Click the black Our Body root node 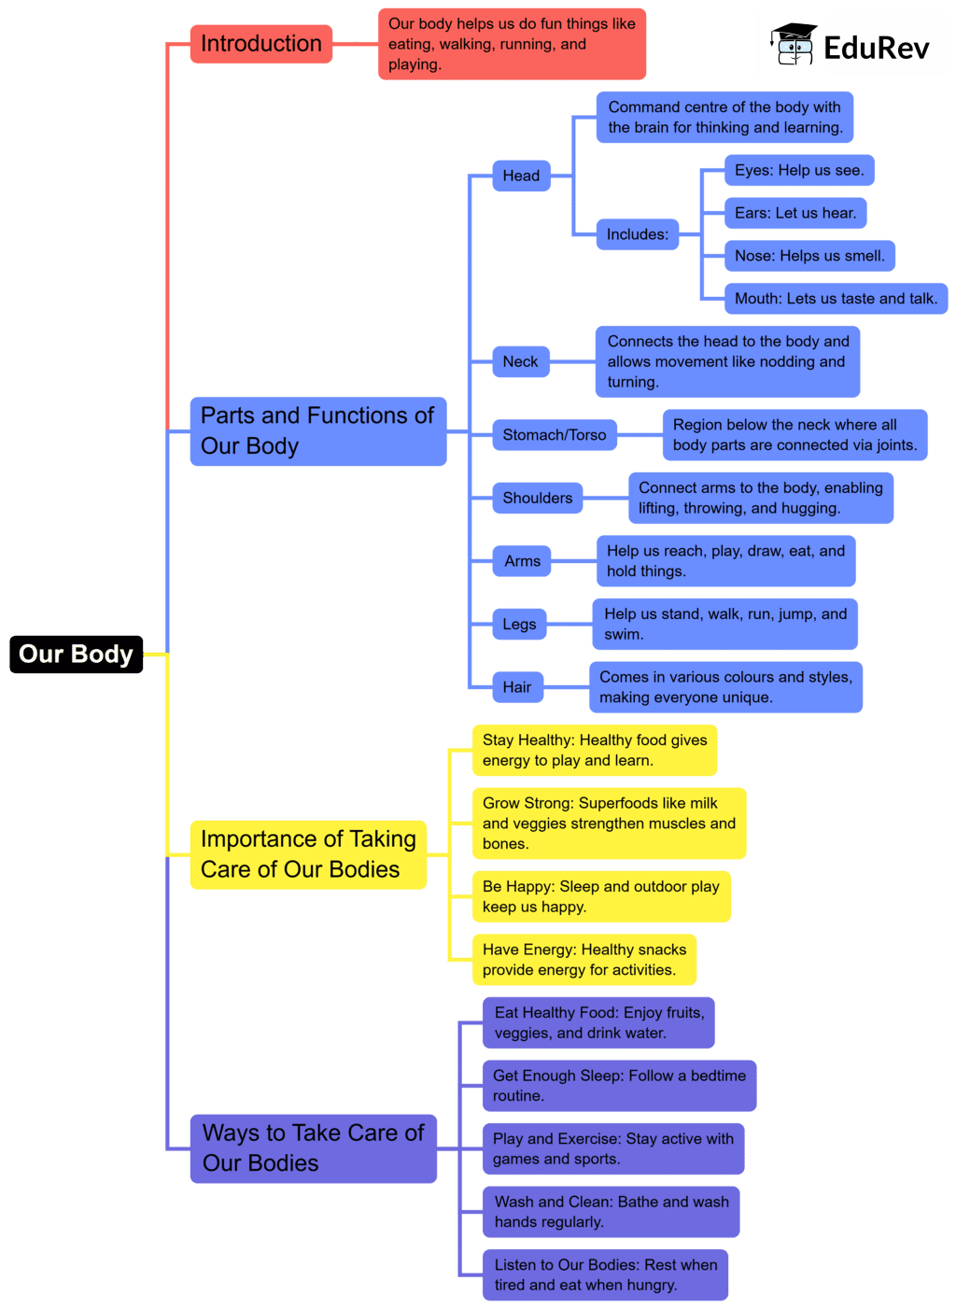(x=76, y=654)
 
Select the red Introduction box (x=260, y=44)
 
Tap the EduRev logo (x=851, y=45)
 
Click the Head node (x=521, y=176)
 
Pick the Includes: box (x=637, y=234)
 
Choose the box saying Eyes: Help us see (x=798, y=170)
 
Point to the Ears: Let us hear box (x=794, y=213)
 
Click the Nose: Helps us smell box (x=808, y=256)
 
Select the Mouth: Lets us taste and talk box (x=835, y=299)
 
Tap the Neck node (x=520, y=361)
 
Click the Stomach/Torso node (x=554, y=435)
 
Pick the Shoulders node (x=537, y=498)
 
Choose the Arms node (x=522, y=561)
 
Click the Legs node (x=519, y=624)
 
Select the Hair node (x=516, y=687)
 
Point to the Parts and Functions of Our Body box (x=317, y=430)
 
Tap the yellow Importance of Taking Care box (x=308, y=854)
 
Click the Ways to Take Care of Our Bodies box (x=313, y=1147)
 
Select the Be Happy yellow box (x=600, y=896)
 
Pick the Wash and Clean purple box (x=611, y=1212)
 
